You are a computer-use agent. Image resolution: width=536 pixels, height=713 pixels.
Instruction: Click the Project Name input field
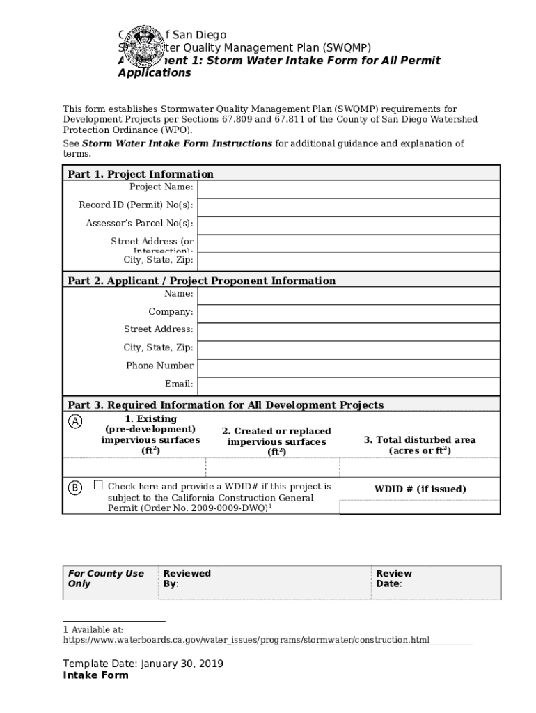pyautogui.click(x=349, y=189)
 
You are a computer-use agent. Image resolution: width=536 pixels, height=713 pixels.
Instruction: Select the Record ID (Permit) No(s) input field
pyautogui.click(x=349, y=207)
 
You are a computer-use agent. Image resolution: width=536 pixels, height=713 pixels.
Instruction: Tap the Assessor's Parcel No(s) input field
pyautogui.click(x=349, y=225)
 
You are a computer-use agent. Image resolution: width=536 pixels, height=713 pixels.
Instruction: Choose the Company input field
pyautogui.click(x=349, y=314)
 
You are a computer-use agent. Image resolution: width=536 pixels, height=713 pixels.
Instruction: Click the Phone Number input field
pyautogui.click(x=349, y=368)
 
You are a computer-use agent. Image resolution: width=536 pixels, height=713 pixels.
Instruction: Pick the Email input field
pyautogui.click(x=349, y=386)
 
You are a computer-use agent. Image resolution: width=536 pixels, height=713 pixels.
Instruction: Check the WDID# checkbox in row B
pyautogui.click(x=98, y=485)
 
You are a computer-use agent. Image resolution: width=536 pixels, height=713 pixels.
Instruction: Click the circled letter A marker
pyautogui.click(x=74, y=421)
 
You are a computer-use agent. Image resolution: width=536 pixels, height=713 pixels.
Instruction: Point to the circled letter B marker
pyautogui.click(x=74, y=487)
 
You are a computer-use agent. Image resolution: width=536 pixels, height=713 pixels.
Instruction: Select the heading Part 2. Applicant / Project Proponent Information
pyautogui.click(x=201, y=281)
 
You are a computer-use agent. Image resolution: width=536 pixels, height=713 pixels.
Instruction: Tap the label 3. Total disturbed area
pyautogui.click(x=420, y=440)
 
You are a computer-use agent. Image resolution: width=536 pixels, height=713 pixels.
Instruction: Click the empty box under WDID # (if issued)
pyautogui.click(x=420, y=508)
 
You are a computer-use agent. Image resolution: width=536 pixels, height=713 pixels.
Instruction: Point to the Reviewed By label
pyautogui.click(x=187, y=579)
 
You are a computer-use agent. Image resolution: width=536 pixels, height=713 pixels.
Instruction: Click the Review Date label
pyautogui.click(x=394, y=579)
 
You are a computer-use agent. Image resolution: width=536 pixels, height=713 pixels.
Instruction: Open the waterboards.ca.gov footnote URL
pyautogui.click(x=246, y=639)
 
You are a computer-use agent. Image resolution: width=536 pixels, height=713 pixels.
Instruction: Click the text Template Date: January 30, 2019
pyautogui.click(x=143, y=664)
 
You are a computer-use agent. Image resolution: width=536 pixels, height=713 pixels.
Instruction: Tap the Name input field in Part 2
pyautogui.click(x=349, y=296)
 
